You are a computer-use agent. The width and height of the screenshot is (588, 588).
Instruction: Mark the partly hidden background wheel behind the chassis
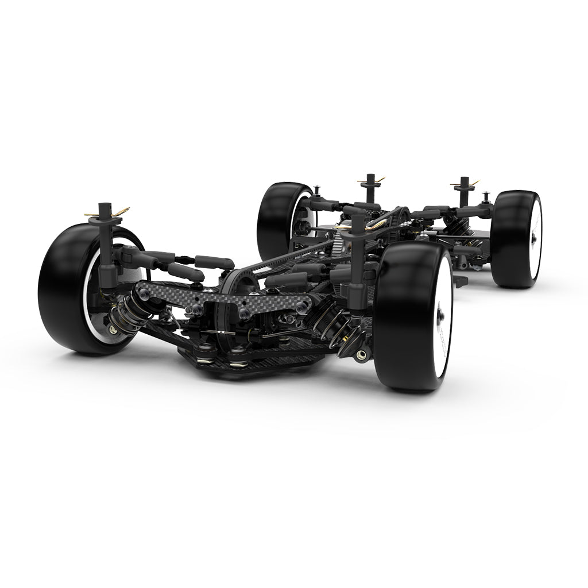pyautogui.click(x=281, y=218)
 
